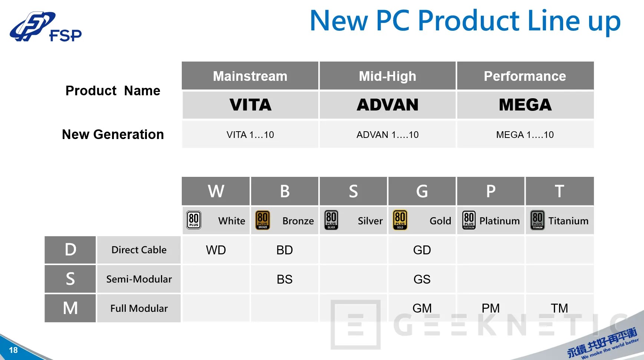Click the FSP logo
45,27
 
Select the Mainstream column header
250,76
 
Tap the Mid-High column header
387,76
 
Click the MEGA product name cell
525,105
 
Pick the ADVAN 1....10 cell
387,135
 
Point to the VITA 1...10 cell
250,135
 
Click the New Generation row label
113,134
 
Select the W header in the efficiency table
216,191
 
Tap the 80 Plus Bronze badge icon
263,220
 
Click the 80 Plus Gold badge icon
400,220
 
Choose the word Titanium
568,221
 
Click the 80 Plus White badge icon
194,220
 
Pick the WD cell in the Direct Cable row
216,250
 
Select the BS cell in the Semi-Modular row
285,279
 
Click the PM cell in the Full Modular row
490,308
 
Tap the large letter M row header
70,308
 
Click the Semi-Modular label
139,279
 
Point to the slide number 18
13,350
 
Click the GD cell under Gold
422,250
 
